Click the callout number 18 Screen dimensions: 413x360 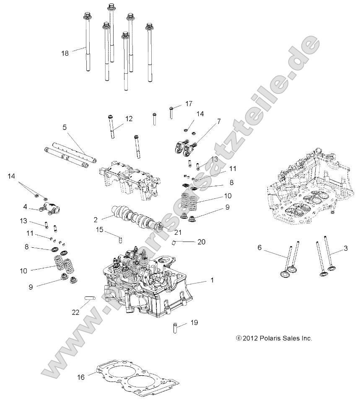pos(65,53)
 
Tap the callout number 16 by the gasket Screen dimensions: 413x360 pos(81,377)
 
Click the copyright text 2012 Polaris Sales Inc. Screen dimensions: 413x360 pos(275,338)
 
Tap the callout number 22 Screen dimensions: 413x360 pos(75,312)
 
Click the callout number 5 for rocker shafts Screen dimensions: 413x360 pos(65,127)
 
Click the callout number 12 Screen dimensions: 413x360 pos(129,119)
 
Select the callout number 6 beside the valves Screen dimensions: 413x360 pos(259,248)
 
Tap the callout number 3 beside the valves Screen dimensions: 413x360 pos(346,248)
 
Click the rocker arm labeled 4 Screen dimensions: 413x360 pos(47,208)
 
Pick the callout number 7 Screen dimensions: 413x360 pos(218,122)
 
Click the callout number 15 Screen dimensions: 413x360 pos(99,229)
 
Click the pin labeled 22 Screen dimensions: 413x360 pos(91,298)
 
